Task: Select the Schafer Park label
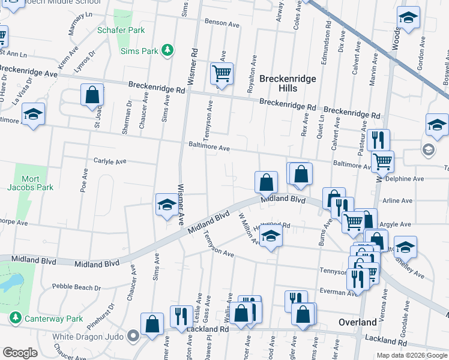coord(121,29)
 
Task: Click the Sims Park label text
coord(140,51)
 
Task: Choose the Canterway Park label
coord(53,318)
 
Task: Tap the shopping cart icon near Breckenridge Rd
coord(221,74)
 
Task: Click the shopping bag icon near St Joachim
coord(92,95)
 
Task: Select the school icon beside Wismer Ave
coord(167,205)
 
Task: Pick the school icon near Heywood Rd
coord(271,237)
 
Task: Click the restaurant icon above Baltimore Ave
coord(377,140)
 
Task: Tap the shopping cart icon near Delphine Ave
coord(382,161)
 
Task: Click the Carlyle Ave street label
coord(109,161)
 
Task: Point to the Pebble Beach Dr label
coord(76,287)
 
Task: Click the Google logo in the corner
coord(20,352)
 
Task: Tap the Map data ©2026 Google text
coord(411,355)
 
